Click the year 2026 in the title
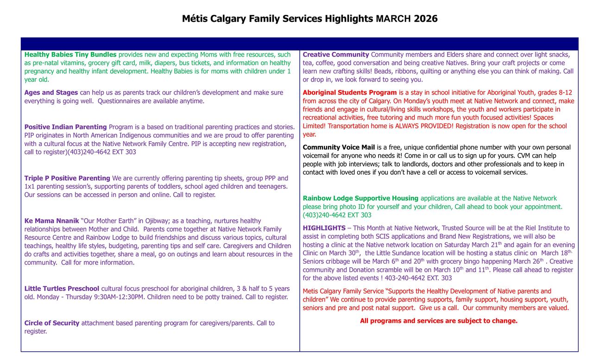coord(425,19)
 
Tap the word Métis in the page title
coord(195,19)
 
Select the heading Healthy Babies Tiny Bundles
coord(70,55)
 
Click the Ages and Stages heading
coord(51,93)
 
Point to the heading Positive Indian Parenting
coord(65,127)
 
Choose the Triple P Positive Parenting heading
coord(67,178)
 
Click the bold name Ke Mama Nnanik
coord(51,221)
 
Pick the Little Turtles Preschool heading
coord(62,289)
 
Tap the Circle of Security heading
coord(52,323)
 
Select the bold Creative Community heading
coord(336,55)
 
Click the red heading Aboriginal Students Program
coord(350,93)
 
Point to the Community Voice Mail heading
coord(339,147)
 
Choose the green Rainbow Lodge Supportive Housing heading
coord(360,198)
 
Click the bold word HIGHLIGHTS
coord(324,228)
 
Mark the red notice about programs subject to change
coord(439,321)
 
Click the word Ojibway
coord(158,221)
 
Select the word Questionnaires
coord(120,101)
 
